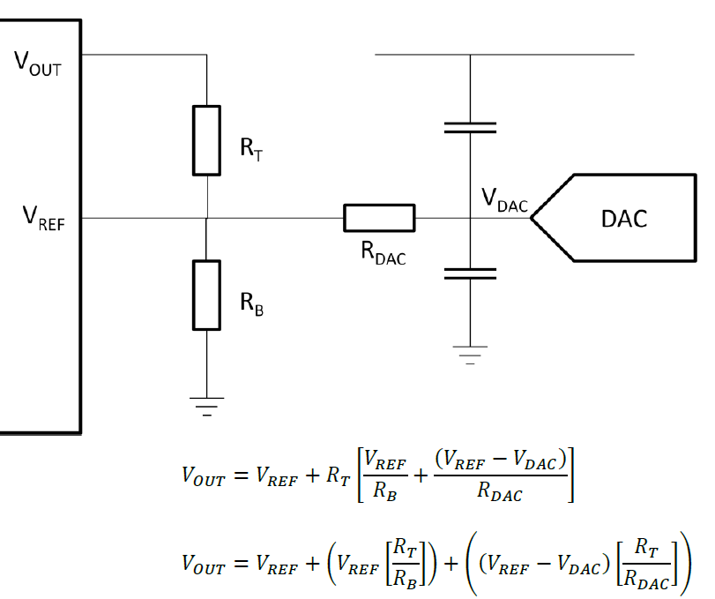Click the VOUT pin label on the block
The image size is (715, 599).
pyautogui.click(x=38, y=63)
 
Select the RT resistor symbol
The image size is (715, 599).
pyautogui.click(x=206, y=140)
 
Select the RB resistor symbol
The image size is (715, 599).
pyautogui.click(x=206, y=295)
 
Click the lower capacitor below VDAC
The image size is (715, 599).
pyautogui.click(x=470, y=273)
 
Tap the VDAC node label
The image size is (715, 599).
pyautogui.click(x=504, y=200)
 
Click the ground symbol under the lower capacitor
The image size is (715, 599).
pyautogui.click(x=470, y=356)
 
